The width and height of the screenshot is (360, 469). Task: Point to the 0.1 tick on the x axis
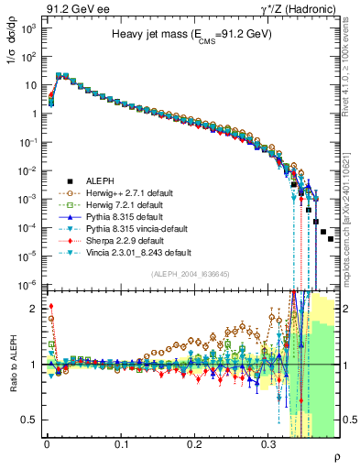pyautogui.click(x=121, y=445)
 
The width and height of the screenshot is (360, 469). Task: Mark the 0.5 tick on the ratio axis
pyautogui.click(x=35, y=420)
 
